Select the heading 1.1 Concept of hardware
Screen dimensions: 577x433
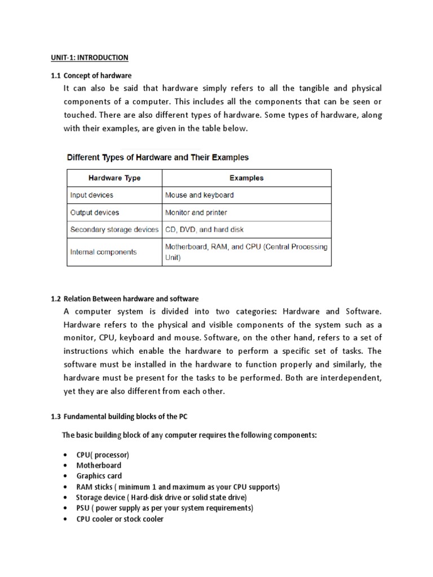coord(91,76)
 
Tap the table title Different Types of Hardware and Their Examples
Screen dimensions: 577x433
coord(158,157)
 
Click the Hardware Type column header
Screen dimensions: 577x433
coord(114,178)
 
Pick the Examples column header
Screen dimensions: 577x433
coord(246,178)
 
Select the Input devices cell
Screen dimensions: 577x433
coord(92,195)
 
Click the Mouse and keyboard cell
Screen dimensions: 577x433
coord(199,195)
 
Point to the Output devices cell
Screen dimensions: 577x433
coord(95,212)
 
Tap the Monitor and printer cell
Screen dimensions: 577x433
coord(196,212)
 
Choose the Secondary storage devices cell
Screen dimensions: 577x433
coord(114,230)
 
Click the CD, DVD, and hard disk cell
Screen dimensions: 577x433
coord(204,230)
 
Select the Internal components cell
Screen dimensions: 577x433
coord(103,252)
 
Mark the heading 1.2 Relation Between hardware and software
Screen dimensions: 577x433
coord(125,299)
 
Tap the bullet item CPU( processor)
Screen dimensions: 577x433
coord(103,455)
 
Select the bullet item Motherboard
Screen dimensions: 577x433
coord(99,465)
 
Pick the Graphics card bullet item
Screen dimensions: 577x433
coord(99,476)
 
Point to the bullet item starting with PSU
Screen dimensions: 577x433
coord(165,508)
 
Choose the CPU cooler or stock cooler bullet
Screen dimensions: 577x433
coord(120,519)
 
